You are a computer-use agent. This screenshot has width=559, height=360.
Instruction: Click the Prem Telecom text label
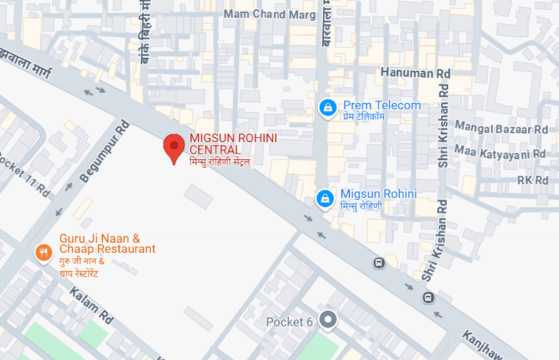coord(382,106)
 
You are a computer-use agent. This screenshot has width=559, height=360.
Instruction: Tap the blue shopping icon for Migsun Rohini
coord(325,199)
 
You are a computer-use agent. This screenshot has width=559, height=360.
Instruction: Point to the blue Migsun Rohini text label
coord(378,194)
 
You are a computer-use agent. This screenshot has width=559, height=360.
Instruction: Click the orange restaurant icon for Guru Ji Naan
coord(44,252)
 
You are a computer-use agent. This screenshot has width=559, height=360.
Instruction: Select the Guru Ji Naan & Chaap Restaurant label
coord(107,244)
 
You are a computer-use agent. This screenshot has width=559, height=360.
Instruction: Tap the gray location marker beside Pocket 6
coord(328,321)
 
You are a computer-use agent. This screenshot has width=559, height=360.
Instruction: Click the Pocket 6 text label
coord(290,322)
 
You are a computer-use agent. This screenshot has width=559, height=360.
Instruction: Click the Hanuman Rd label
coord(415,73)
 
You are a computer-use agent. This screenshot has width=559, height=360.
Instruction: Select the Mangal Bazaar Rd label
coord(510,130)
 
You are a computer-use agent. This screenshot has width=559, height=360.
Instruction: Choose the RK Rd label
coord(532,180)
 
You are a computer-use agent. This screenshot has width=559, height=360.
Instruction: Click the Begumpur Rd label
coord(104,151)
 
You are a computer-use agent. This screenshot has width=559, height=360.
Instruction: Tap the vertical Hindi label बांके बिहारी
coord(144,32)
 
